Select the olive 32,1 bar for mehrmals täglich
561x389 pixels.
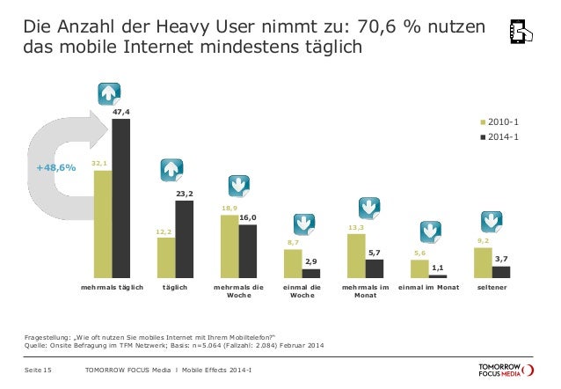click(102, 224)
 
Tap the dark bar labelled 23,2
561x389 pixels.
click(184, 239)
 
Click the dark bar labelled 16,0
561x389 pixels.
click(247, 252)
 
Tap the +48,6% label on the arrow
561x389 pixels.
click(55, 167)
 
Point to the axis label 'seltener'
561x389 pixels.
click(491, 288)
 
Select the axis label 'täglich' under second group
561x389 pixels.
click(174, 288)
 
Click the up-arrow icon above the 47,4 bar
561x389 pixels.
click(109, 93)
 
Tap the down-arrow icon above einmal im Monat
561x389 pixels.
click(429, 231)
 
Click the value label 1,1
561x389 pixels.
click(437, 268)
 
